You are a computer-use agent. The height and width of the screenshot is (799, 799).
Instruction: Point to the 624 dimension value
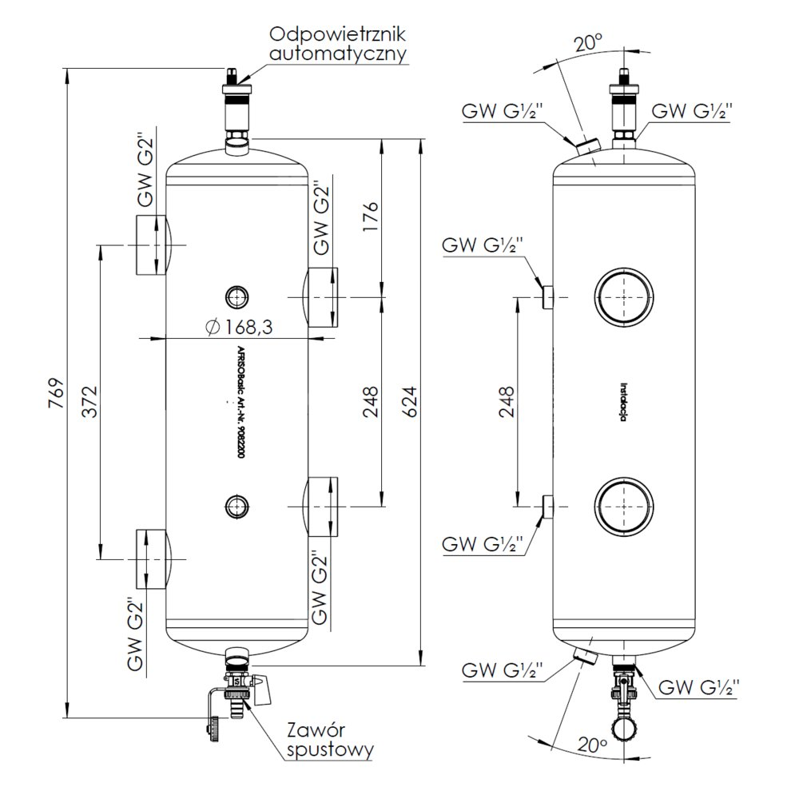(408, 397)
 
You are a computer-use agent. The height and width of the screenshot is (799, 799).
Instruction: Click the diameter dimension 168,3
(240, 327)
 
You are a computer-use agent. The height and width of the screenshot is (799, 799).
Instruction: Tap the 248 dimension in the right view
(506, 401)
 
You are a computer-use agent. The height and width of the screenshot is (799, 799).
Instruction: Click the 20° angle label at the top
(587, 44)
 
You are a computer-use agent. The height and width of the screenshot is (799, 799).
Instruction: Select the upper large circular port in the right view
(624, 297)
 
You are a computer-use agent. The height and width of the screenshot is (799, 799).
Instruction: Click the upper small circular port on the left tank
(236, 296)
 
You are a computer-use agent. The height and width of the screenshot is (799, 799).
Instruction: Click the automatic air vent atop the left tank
(237, 104)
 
